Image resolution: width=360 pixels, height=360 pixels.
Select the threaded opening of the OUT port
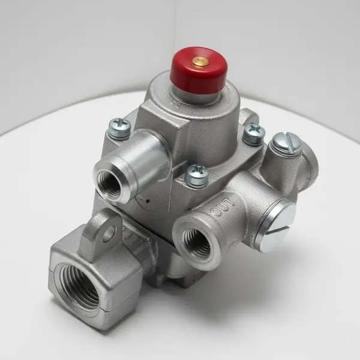196,239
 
